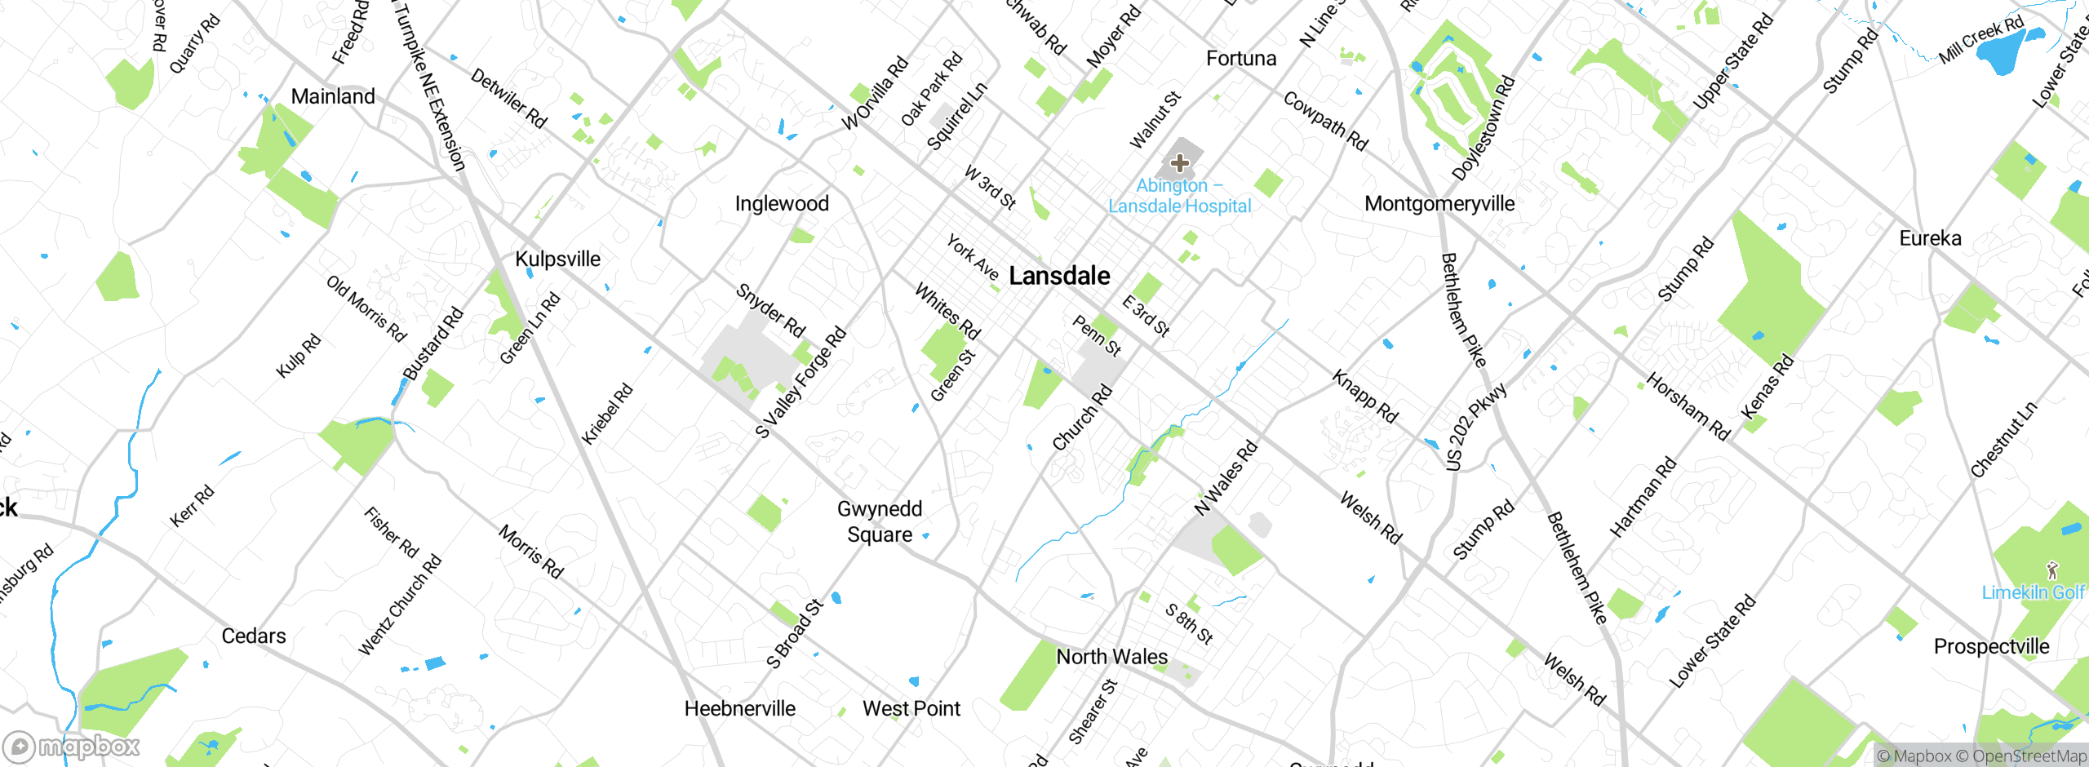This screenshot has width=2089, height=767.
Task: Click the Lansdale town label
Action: [x=1059, y=276]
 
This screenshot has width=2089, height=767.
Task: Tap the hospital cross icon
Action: [x=1179, y=162]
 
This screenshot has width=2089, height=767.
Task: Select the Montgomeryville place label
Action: [x=1439, y=204]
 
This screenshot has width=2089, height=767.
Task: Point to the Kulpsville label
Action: [x=557, y=259]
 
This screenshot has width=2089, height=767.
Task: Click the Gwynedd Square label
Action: [x=880, y=521]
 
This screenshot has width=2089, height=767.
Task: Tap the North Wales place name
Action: [x=1111, y=657]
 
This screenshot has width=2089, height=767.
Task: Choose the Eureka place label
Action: [x=1930, y=238]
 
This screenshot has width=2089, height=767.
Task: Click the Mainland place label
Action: [x=333, y=96]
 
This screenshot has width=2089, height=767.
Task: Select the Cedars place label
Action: [x=254, y=636]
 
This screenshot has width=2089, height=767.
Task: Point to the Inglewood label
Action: [x=782, y=204]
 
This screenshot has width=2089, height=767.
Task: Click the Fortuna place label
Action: [x=1240, y=59]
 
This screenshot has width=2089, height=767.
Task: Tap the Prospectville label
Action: [x=1991, y=647]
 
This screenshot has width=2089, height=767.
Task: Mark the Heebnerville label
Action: [x=739, y=708]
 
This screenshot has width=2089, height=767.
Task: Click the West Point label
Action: [x=911, y=708]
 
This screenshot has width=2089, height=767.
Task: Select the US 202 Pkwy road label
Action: [x=1475, y=427]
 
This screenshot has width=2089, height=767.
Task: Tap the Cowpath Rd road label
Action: [x=1325, y=121]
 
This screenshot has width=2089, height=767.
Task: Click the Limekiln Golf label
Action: [x=2033, y=592]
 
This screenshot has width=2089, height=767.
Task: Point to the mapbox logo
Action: [x=72, y=746]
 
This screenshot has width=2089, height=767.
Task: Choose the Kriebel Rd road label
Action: [x=607, y=414]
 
